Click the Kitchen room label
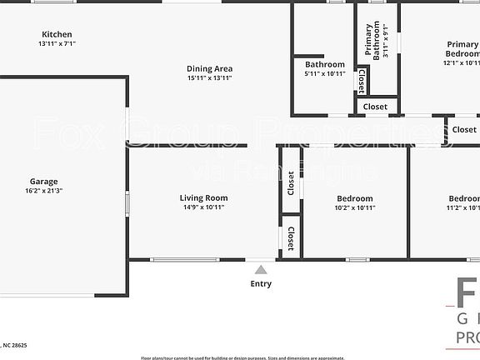(51, 34)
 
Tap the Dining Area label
(209, 68)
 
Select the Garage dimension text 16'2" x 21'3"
(44, 191)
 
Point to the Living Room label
(203, 197)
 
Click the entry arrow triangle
(261, 270)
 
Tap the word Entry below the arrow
(261, 283)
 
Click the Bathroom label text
(324, 64)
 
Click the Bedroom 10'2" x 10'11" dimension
(356, 207)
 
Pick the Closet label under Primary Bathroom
(375, 107)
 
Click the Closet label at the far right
(464, 129)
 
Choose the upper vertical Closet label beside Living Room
(291, 182)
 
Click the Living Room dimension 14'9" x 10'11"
(203, 207)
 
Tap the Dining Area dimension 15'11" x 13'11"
(209, 78)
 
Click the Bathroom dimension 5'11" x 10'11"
(324, 74)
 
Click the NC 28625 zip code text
(14, 344)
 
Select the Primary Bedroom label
(462, 49)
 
